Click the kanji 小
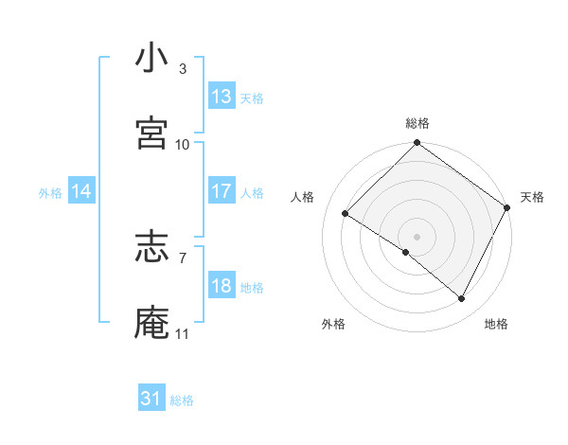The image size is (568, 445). coord(151,59)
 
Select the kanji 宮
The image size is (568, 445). coord(151,134)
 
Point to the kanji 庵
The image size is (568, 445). coord(151,323)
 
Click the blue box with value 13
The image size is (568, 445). coord(222,97)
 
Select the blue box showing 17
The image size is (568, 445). coord(222,191)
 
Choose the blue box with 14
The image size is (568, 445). coord(81,191)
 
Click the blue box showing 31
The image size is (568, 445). coord(151,399)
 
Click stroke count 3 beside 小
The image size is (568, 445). coord(183,69)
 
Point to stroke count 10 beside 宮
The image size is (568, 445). coord(183,145)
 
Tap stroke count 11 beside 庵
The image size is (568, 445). coord(183,333)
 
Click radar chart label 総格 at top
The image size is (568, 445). coord(417,123)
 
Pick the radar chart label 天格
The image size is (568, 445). coord(532,197)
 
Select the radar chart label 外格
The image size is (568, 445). coord(333,324)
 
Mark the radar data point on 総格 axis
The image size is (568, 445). coord(417,144)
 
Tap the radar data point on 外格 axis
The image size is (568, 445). coord(406,252)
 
